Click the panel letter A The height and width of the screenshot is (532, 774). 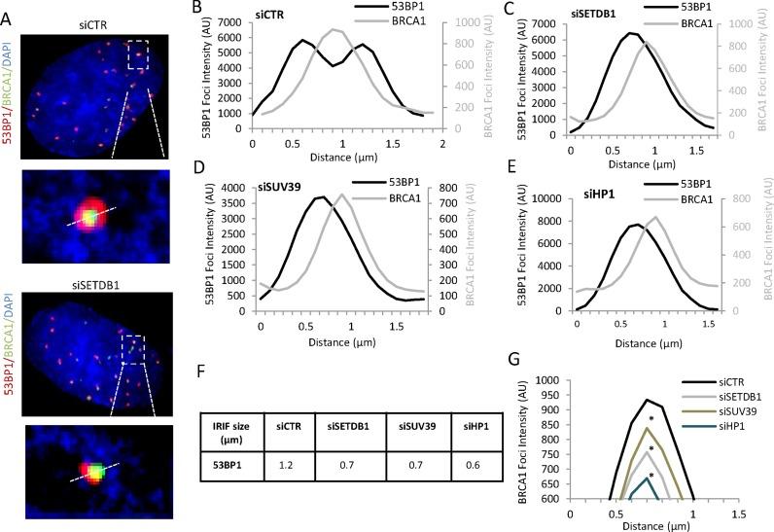click(x=8, y=9)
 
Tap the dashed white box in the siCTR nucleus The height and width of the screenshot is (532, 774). click(x=138, y=54)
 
